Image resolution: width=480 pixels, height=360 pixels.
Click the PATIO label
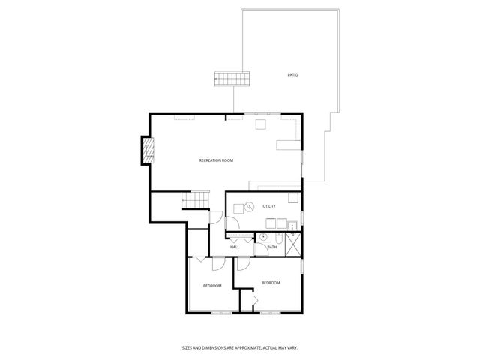tap(292, 74)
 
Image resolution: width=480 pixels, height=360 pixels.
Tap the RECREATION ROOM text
tap(216, 160)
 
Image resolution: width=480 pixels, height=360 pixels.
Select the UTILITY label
tap(269, 206)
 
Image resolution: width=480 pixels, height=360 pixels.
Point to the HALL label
tap(235, 247)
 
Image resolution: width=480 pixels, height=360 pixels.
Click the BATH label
tap(271, 247)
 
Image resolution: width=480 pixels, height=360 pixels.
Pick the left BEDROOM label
tap(212, 286)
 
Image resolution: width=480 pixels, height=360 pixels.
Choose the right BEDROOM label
tap(271, 282)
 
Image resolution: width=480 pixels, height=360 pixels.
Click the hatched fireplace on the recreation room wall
tap(148, 151)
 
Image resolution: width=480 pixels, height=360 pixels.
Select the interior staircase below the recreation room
tap(195, 202)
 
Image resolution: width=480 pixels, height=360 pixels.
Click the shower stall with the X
tap(294, 242)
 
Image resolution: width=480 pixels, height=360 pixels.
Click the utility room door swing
tap(232, 223)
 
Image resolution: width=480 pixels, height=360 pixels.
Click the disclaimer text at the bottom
tap(240, 347)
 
